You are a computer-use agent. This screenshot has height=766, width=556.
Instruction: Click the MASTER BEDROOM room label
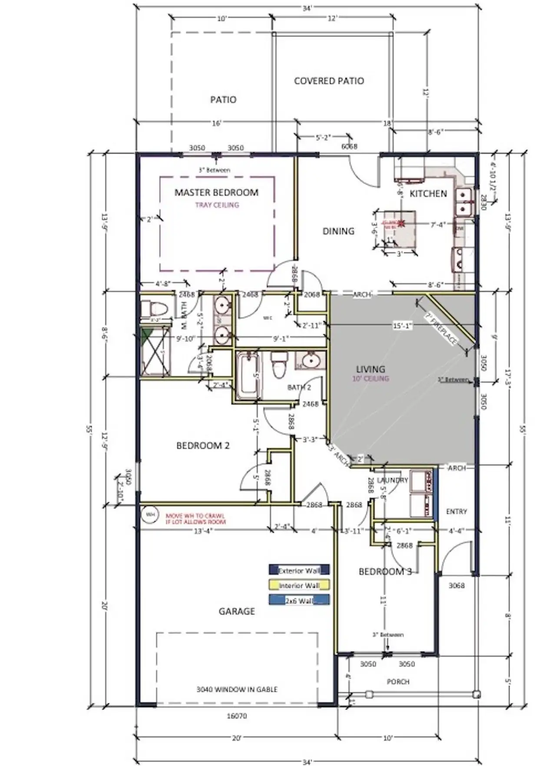pos(216,192)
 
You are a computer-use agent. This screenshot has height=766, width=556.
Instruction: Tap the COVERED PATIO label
pos(329,81)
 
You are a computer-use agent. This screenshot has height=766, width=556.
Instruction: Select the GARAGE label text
pos(236,611)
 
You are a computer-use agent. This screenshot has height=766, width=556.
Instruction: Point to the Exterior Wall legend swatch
pos(299,570)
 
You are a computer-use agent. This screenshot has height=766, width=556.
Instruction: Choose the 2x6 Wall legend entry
pos(299,601)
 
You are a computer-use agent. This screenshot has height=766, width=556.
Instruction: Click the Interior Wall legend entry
pos(299,585)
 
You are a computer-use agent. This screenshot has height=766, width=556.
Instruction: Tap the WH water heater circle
pos(150,515)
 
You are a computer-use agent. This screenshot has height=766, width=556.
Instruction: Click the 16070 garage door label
pos(237,716)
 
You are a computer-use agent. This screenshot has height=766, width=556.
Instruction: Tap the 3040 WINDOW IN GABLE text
pos(237,689)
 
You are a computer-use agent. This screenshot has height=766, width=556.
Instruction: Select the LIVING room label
pos(371,369)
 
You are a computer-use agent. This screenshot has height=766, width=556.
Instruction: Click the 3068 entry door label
pos(457,585)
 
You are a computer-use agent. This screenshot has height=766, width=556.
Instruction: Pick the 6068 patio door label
pos(349,147)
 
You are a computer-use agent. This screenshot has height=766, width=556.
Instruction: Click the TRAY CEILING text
pos(217,205)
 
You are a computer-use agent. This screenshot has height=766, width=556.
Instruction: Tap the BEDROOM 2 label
pos(203,446)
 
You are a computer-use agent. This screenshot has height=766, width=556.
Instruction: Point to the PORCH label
pos(398,682)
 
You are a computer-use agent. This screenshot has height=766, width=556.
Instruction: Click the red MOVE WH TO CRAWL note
pos(195,518)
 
